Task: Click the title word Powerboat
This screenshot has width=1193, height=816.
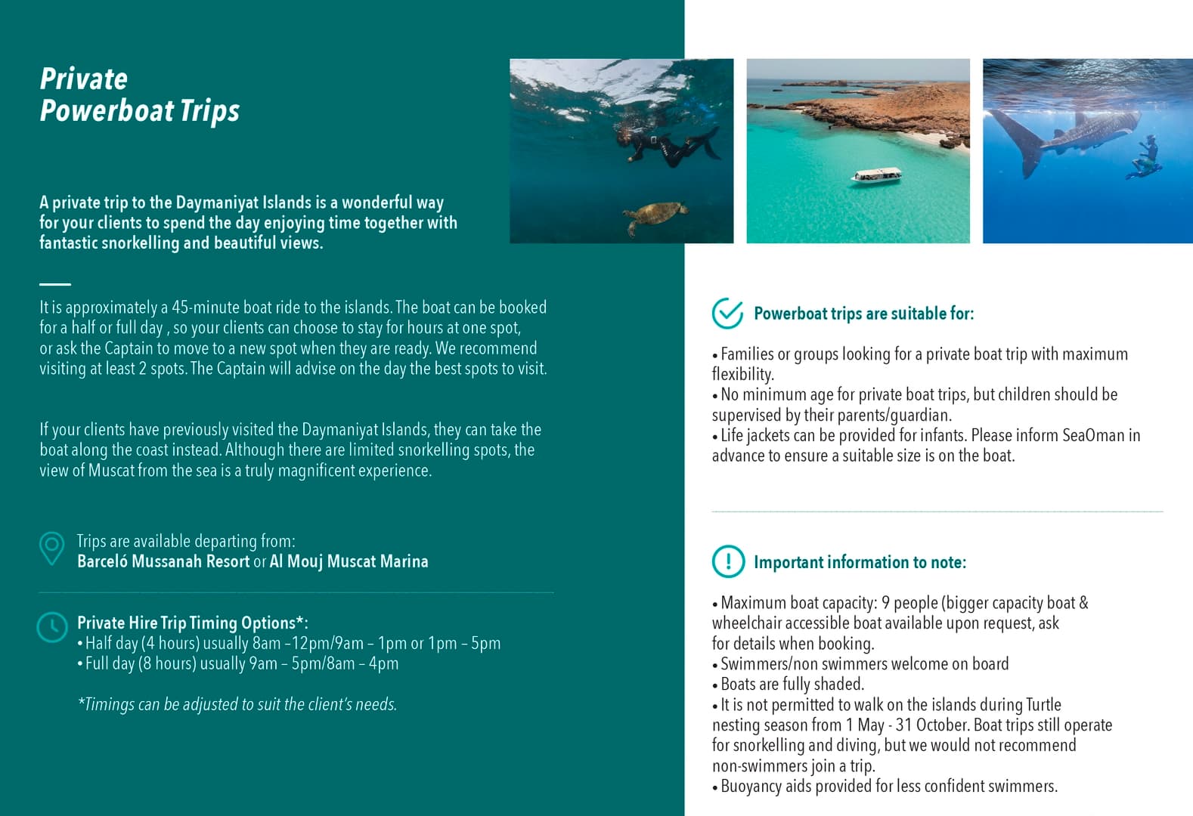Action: (x=108, y=111)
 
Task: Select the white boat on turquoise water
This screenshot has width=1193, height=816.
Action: (x=876, y=176)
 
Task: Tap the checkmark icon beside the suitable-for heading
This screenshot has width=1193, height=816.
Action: (x=727, y=314)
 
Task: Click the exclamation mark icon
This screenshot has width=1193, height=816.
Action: (x=728, y=561)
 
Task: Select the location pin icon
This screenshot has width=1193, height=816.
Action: (x=51, y=549)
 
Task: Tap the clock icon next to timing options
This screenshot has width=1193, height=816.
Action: (x=52, y=626)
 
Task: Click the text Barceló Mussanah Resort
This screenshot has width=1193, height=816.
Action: (x=163, y=561)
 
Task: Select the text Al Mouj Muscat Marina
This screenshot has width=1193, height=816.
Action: (x=349, y=561)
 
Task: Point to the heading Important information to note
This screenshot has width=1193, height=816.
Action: (x=860, y=562)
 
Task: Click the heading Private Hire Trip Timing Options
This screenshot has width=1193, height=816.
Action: (x=192, y=623)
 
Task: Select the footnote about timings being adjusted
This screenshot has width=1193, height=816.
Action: (x=237, y=704)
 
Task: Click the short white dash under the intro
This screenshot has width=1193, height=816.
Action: (x=54, y=284)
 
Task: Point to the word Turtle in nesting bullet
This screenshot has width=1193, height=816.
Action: (x=1043, y=705)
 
